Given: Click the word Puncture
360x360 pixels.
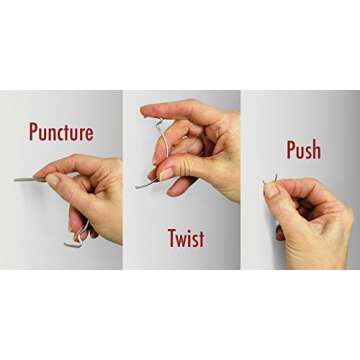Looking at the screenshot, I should pos(62,133).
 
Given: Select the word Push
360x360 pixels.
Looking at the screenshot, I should pos(303,150).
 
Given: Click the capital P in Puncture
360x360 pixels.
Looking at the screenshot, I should pos(35,132).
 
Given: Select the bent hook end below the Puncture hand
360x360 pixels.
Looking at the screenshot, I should pos(72,241).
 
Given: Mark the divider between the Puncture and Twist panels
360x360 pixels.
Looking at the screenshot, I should pos(122,180).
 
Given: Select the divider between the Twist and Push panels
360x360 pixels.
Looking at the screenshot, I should pos(241,180).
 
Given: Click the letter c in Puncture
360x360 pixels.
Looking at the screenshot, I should pos(62,134).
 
